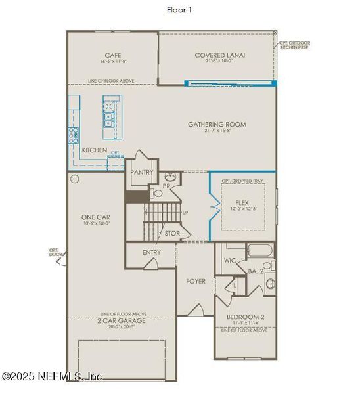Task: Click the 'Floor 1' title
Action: (x=179, y=9)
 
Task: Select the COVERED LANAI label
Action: (x=219, y=56)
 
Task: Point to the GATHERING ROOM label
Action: (x=217, y=124)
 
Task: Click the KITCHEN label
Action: (x=94, y=150)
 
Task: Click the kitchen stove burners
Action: (x=74, y=135)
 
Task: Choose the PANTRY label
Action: (x=142, y=173)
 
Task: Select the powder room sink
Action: (x=170, y=177)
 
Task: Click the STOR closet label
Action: (x=172, y=233)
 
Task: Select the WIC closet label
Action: (x=231, y=261)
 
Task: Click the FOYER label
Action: (x=195, y=281)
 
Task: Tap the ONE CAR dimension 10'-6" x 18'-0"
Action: (x=94, y=223)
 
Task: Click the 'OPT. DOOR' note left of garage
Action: (x=55, y=252)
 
